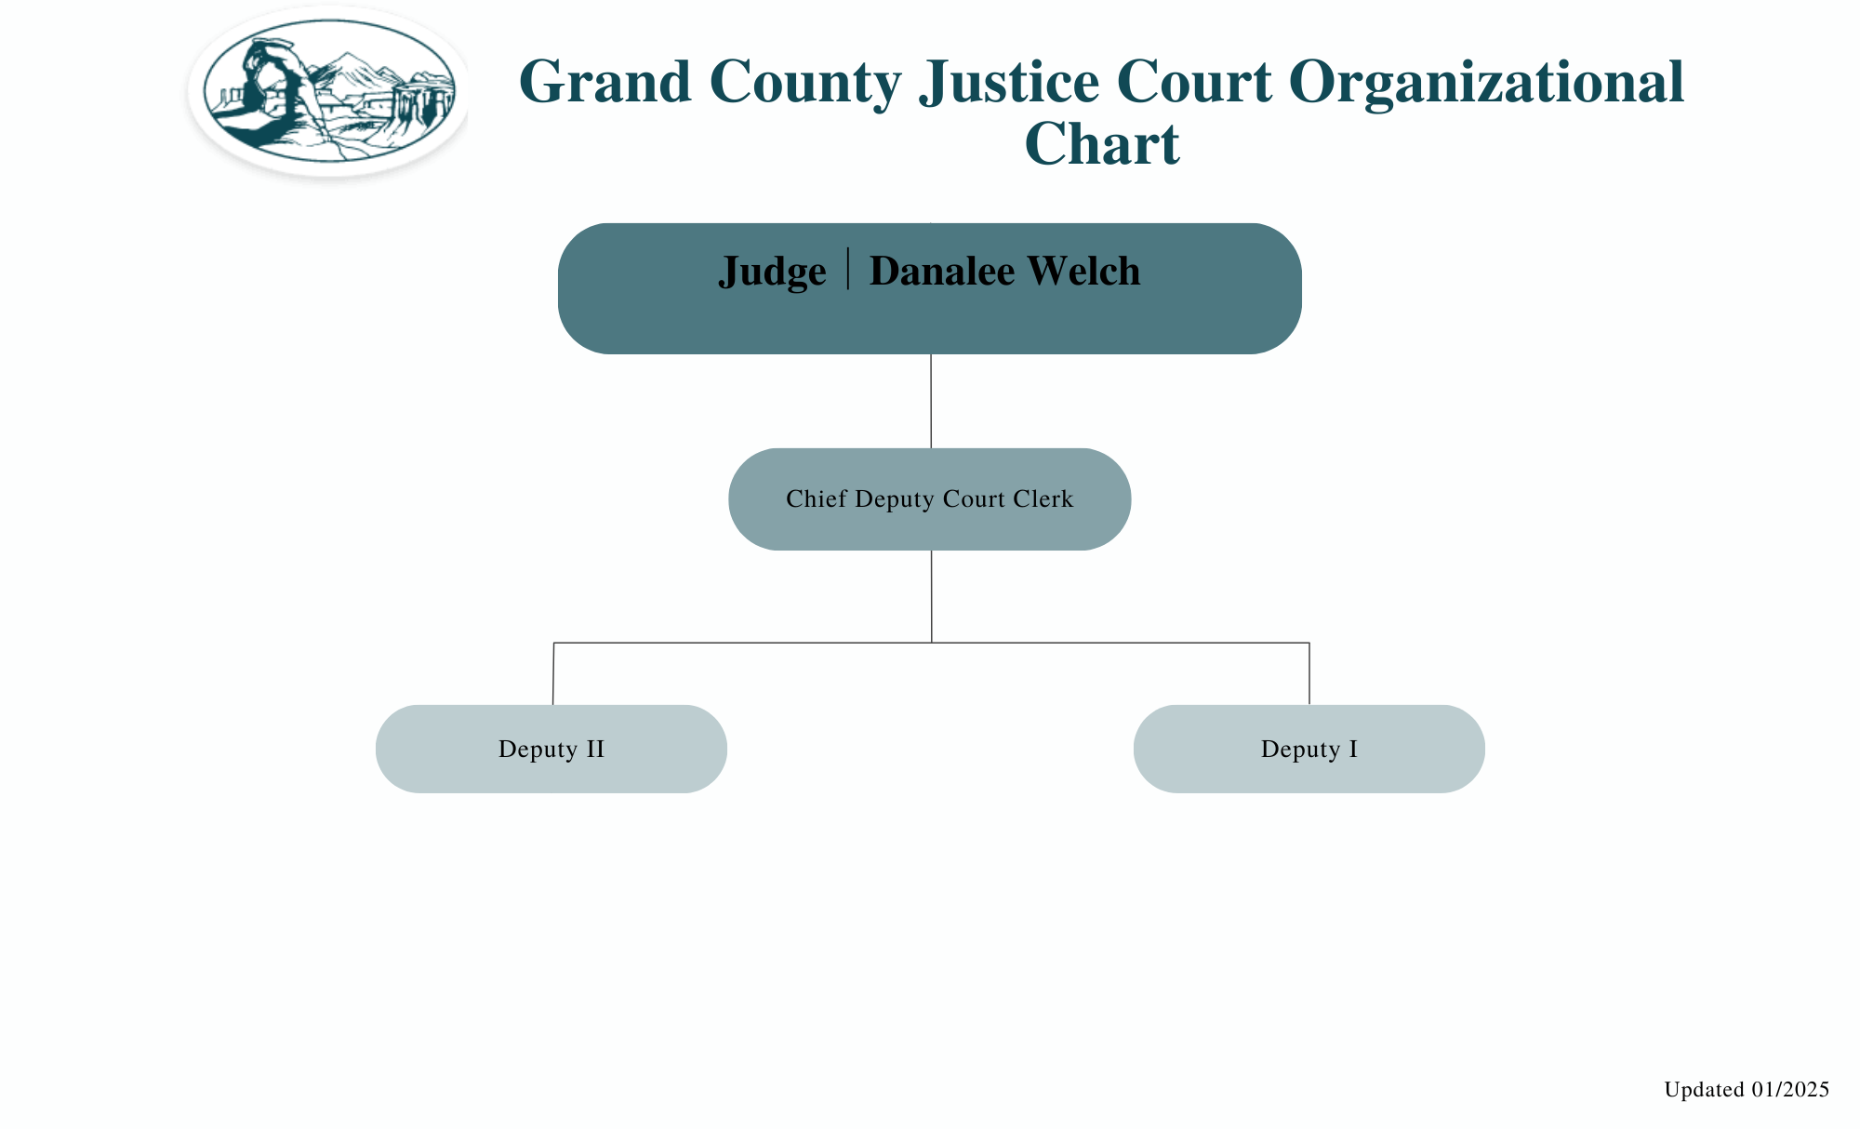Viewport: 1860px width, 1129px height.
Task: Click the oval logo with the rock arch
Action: point(329,91)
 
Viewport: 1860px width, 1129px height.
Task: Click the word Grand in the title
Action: point(604,82)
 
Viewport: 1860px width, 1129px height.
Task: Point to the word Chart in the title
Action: point(1102,144)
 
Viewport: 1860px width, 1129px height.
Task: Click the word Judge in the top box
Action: point(772,272)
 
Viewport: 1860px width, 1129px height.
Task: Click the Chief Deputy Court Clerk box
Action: point(929,499)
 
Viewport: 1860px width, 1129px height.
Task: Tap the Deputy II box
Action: point(551,749)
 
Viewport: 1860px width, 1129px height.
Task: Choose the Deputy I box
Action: point(1309,749)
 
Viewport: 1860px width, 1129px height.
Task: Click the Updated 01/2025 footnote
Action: point(1746,1089)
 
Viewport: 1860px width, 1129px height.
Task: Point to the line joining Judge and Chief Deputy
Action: point(931,401)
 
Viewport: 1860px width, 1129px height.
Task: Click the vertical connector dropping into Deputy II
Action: point(553,673)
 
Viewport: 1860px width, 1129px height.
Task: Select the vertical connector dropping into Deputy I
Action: point(1309,673)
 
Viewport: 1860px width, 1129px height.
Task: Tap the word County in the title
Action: point(805,82)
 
